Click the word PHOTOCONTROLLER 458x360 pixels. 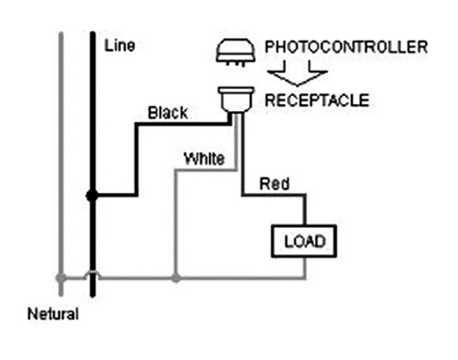[346, 47]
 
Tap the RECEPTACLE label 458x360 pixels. [317, 100]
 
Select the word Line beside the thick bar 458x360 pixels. [120, 46]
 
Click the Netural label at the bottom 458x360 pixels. [53, 314]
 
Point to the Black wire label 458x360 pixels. [168, 113]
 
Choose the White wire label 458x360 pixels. [204, 159]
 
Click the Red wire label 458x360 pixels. [274, 184]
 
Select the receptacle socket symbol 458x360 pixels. [236, 100]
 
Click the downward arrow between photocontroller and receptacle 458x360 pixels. [297, 73]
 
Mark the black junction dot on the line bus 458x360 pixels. [92, 195]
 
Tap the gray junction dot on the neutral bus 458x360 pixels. [61, 278]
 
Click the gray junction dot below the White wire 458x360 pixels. [176, 278]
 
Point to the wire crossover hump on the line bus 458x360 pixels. [93, 274]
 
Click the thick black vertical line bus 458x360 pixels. [93, 165]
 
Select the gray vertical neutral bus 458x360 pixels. [61, 164]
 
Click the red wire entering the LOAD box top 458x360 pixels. [305, 210]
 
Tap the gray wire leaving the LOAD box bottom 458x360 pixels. [305, 267]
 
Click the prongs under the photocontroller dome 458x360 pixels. [236, 64]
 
